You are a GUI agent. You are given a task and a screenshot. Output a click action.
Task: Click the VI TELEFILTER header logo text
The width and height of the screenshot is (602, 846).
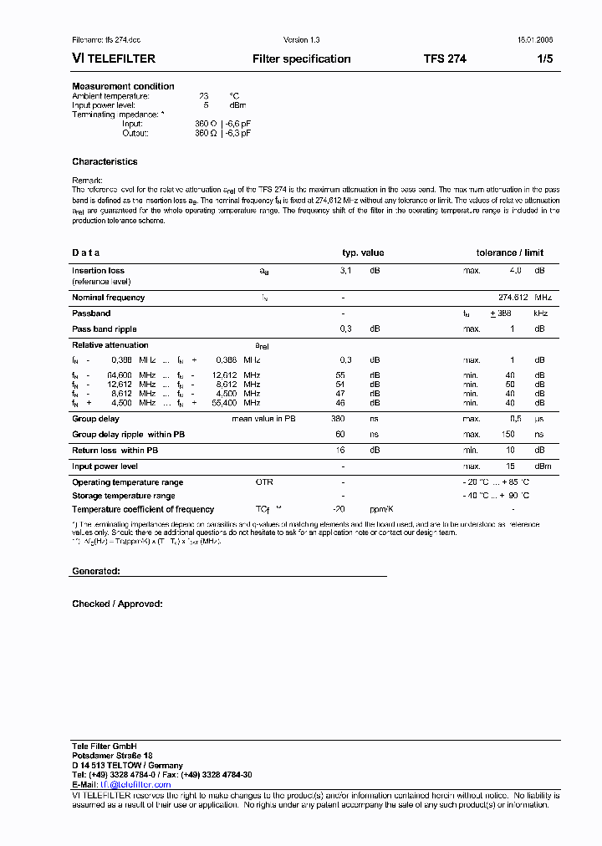click(114, 59)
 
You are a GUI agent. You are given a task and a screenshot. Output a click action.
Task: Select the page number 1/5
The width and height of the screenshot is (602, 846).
click(544, 59)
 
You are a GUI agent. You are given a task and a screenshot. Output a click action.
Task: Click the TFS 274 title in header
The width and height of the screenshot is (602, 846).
click(445, 59)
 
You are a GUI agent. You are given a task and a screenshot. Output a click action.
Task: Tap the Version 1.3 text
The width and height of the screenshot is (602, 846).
click(301, 40)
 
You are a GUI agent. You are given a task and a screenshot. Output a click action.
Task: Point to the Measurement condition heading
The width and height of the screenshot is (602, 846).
click(123, 86)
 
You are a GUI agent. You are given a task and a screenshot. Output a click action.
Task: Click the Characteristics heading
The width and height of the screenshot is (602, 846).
click(105, 161)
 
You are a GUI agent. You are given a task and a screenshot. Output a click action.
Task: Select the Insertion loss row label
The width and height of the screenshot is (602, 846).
click(98, 271)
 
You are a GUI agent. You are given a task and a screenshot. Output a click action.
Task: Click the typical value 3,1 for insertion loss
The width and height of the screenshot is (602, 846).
click(345, 271)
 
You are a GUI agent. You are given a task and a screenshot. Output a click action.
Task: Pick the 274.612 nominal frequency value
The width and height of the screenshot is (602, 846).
click(513, 298)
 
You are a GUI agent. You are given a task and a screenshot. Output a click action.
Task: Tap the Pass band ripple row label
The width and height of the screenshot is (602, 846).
click(104, 329)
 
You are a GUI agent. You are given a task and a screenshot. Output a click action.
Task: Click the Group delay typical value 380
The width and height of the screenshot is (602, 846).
click(338, 418)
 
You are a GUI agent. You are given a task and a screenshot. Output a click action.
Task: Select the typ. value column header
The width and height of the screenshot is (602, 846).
click(363, 252)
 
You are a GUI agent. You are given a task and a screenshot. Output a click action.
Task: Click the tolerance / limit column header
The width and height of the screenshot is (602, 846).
click(510, 252)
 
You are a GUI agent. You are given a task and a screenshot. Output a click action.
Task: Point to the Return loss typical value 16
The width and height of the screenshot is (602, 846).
click(341, 451)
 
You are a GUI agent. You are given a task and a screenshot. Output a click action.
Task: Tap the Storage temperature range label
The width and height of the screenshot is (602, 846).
click(123, 496)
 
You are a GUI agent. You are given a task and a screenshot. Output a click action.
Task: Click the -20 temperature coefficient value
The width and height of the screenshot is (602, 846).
click(339, 509)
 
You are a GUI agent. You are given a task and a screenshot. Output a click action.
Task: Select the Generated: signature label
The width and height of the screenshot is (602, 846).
click(96, 571)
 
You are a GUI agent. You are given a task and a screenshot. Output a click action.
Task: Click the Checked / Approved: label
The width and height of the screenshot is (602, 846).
click(117, 604)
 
